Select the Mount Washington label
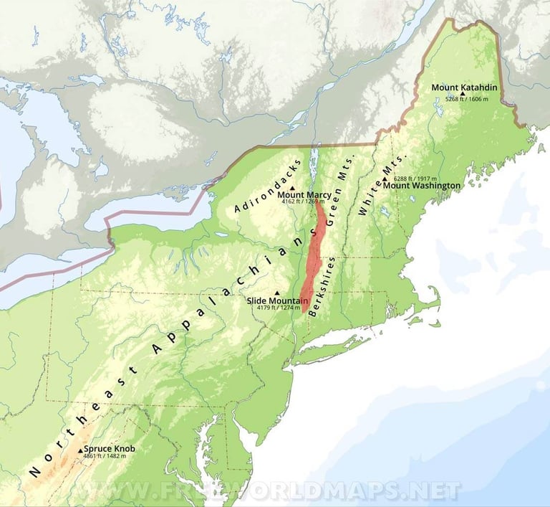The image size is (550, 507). tap(423, 186)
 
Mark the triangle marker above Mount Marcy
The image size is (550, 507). tap(292, 188)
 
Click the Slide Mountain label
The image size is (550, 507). tap(278, 301)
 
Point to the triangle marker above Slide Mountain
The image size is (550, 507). tap(277, 293)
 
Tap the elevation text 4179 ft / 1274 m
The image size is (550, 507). tap(278, 308)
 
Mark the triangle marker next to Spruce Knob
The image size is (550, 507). tap(80, 452)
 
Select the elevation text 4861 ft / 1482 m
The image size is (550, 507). tap(105, 456)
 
